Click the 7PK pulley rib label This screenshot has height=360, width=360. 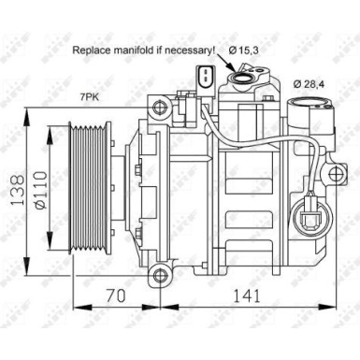(x=90, y=96)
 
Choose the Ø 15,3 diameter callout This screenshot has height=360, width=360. (x=241, y=49)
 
